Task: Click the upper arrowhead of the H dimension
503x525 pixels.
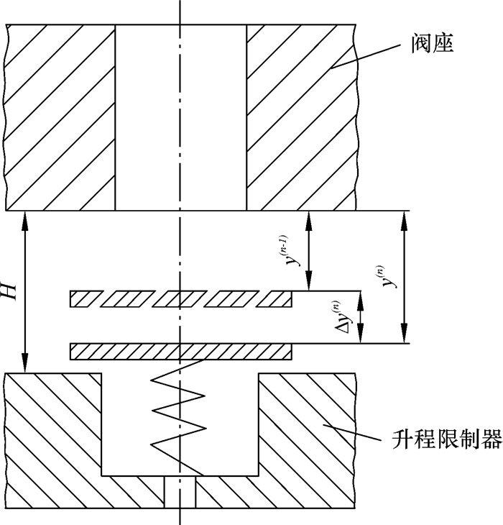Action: point(26,217)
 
